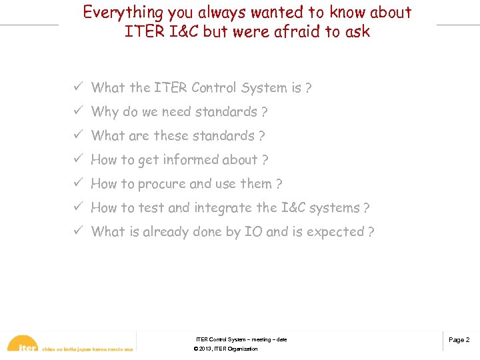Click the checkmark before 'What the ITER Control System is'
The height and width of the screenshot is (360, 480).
coord(78,87)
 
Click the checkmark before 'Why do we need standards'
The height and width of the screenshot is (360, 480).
coord(78,111)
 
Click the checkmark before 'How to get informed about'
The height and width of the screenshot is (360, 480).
coord(78,159)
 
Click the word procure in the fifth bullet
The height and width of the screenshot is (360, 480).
coord(162,184)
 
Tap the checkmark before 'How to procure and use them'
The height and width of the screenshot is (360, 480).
coord(78,183)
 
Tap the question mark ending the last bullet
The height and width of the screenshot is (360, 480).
coord(371,232)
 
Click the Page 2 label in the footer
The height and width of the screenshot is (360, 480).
coord(459,340)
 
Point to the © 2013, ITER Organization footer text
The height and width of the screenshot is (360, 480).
coord(225,349)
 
